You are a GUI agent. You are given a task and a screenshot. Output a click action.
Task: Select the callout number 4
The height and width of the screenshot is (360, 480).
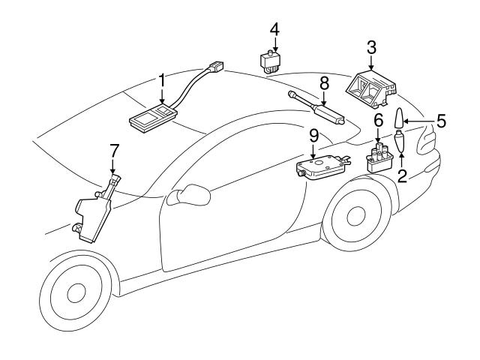click(275, 29)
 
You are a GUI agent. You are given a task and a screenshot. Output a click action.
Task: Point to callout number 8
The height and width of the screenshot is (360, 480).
click(324, 81)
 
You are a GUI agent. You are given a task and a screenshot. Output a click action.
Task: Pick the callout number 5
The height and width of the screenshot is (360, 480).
click(440, 119)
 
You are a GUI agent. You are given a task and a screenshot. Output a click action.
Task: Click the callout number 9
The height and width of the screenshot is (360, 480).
click(313, 135)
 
